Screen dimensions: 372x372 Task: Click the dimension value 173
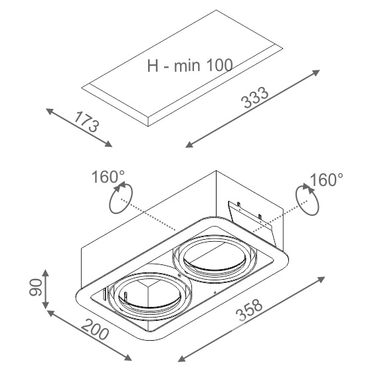[86, 122]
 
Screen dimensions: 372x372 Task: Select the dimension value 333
[254, 97]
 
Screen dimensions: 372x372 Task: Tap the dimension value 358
[249, 310]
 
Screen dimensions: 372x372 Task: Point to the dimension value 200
[95, 329]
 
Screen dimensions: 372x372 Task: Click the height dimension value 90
[36, 287]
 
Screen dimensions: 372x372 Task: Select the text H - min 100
[190, 65]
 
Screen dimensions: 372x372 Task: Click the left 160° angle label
[108, 177]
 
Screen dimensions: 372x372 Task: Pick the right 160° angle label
[327, 179]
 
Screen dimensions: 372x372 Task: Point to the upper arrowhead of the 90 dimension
[46, 273]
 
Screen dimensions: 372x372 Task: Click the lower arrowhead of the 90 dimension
[46, 306]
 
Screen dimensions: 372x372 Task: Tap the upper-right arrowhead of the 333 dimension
[316, 72]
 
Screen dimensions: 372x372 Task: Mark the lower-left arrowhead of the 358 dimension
[181, 365]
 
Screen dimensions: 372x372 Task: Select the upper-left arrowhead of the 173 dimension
[49, 111]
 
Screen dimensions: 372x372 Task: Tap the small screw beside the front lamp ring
[179, 276]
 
